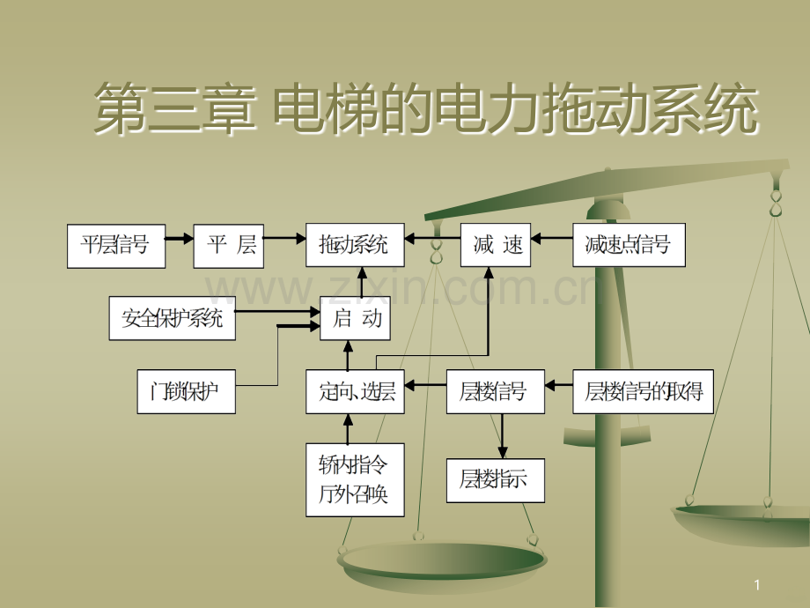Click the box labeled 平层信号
[x=116, y=246]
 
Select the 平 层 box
[x=229, y=246]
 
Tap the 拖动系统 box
[x=355, y=245]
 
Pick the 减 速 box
[x=496, y=245]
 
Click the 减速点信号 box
[x=630, y=245]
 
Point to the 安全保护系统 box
[x=172, y=318]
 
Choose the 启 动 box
[x=355, y=318]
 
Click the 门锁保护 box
[x=186, y=391]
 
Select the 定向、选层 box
[x=355, y=391]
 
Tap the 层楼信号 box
[x=496, y=391]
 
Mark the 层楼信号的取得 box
[x=643, y=391]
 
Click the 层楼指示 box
[x=496, y=480]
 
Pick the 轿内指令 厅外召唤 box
[x=355, y=479]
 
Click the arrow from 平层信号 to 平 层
[x=180, y=239]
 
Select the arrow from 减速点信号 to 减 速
[x=552, y=238]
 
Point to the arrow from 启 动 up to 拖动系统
[x=362, y=282]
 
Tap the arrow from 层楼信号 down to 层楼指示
[x=502, y=436]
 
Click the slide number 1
[x=757, y=585]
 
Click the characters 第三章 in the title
[x=175, y=108]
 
